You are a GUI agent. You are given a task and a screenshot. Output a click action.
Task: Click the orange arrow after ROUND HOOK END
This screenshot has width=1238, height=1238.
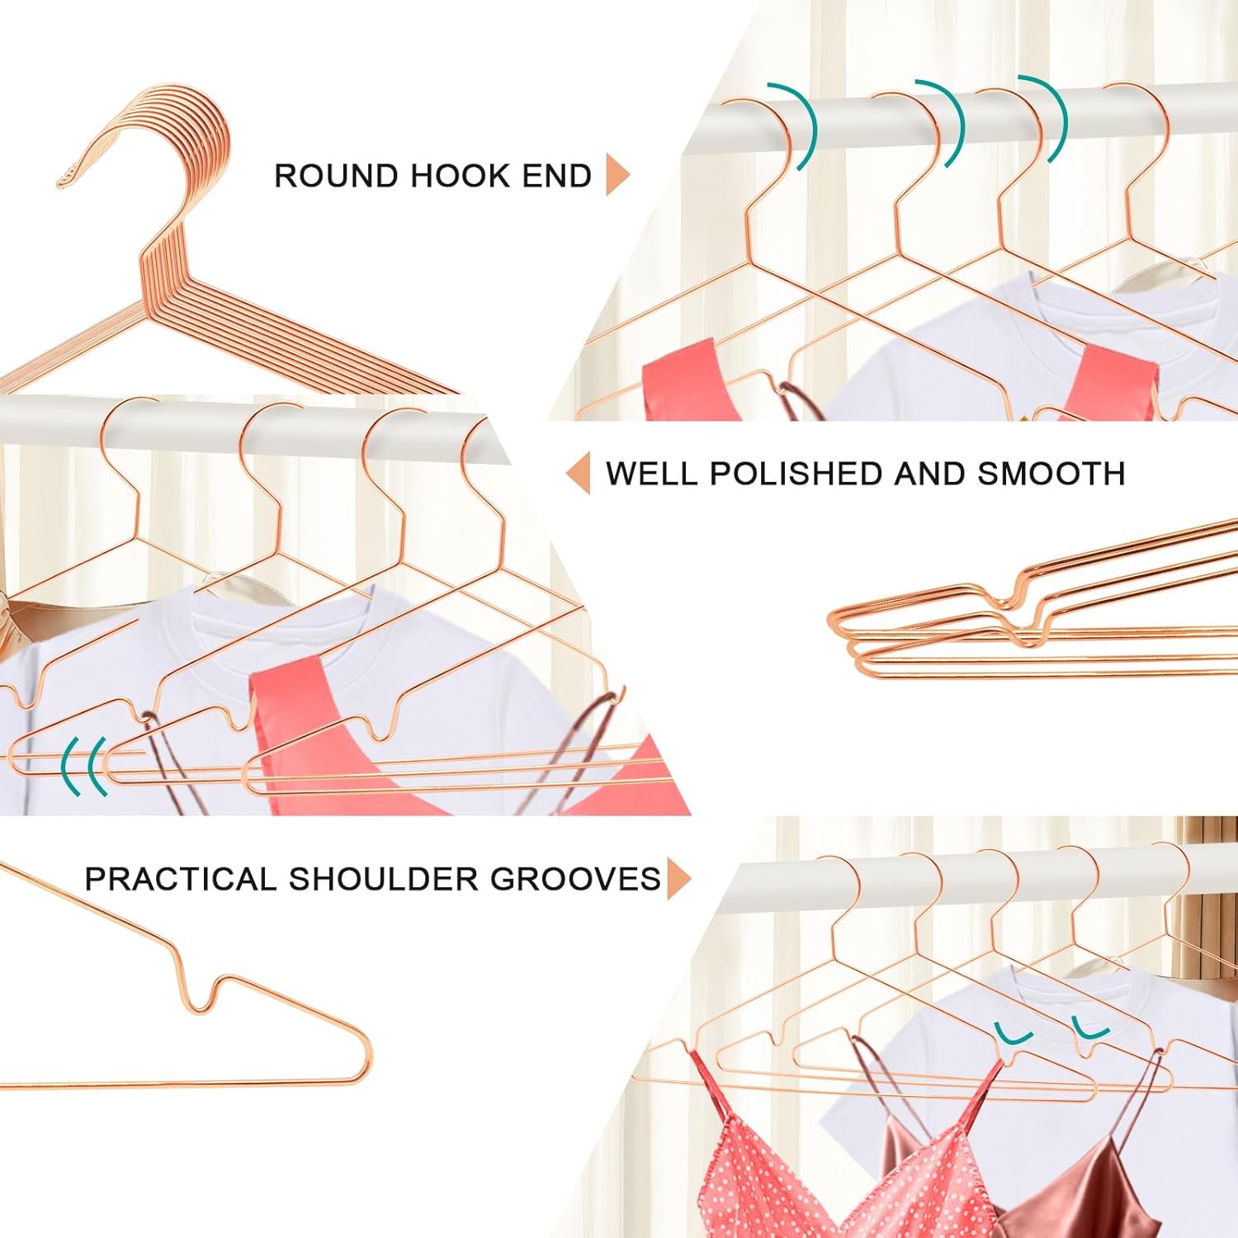pos(618,174)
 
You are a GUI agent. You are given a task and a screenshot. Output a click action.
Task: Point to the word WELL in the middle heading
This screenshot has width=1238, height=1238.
pos(653,474)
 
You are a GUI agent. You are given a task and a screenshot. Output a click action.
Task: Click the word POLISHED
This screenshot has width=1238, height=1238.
pos(796,474)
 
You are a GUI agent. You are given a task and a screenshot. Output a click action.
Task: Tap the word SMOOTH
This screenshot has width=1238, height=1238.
pos(1051,474)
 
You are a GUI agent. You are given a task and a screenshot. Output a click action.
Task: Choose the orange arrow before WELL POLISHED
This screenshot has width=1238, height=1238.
pos(579,473)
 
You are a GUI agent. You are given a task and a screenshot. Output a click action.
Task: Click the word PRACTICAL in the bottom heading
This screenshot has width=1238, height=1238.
pos(181,879)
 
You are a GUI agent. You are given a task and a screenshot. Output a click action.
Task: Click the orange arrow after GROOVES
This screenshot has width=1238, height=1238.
pos(679,878)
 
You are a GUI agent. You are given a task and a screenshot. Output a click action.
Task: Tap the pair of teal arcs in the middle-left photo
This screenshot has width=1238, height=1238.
pos(85,766)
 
